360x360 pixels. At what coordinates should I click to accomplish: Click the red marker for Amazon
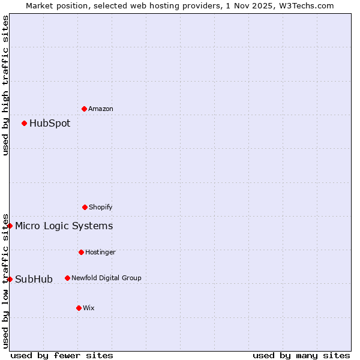click(84, 109)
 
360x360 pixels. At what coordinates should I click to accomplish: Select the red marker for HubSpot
click(24, 123)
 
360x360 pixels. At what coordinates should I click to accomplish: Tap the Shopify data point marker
click(85, 207)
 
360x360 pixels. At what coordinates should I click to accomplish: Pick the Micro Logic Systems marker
click(10, 226)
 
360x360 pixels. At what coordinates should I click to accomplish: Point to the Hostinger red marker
click(81, 252)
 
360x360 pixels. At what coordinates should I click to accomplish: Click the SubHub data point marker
click(10, 279)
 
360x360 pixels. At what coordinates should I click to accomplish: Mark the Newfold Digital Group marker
click(67, 278)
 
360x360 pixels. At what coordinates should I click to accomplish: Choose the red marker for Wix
click(79, 308)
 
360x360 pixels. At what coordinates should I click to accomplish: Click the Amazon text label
click(101, 109)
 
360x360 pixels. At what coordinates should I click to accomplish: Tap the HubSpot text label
click(50, 123)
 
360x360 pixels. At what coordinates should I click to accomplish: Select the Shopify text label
click(101, 207)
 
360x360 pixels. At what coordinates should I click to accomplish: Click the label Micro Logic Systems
click(64, 226)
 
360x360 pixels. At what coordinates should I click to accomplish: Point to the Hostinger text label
click(100, 252)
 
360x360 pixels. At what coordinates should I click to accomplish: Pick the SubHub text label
click(34, 279)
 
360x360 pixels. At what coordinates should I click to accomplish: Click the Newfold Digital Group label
click(106, 278)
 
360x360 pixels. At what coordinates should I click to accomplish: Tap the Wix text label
click(89, 308)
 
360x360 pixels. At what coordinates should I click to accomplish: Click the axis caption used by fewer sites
click(62, 355)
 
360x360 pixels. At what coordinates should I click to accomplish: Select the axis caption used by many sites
click(301, 355)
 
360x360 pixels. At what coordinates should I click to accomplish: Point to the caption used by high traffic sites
click(5, 85)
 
